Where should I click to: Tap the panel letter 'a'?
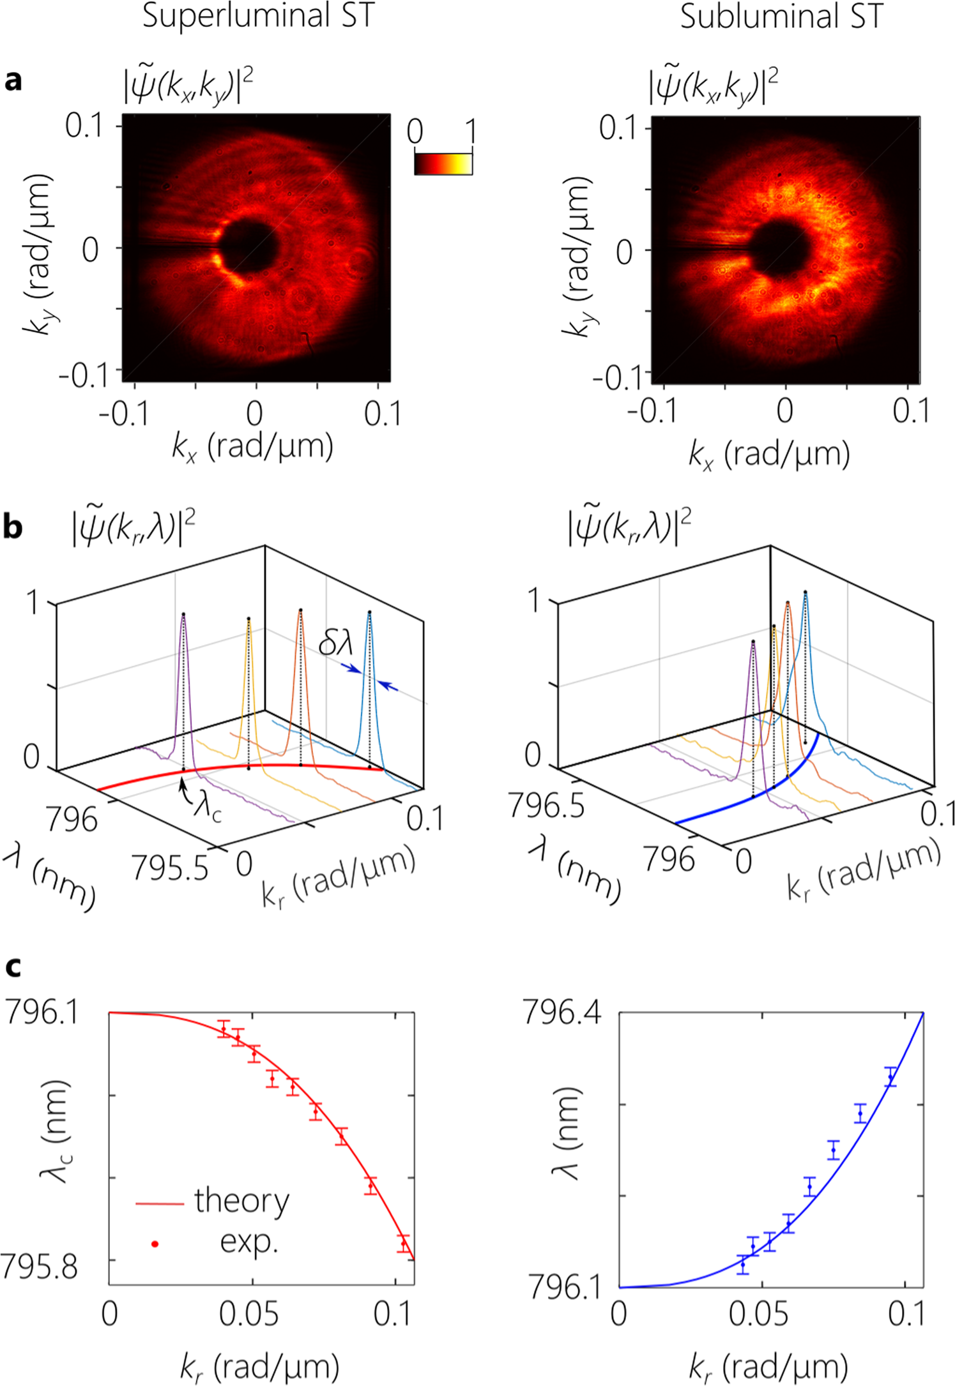pos(12,81)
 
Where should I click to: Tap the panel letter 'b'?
pos(13,527)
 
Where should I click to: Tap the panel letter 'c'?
pos(12,967)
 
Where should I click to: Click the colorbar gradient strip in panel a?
pos(443,163)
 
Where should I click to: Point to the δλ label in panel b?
pos(335,642)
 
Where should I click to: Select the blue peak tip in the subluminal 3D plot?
pos(805,592)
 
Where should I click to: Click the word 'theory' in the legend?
pos(241,1200)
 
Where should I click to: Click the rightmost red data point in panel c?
pos(403,1243)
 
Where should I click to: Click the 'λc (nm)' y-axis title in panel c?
pos(54,1130)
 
